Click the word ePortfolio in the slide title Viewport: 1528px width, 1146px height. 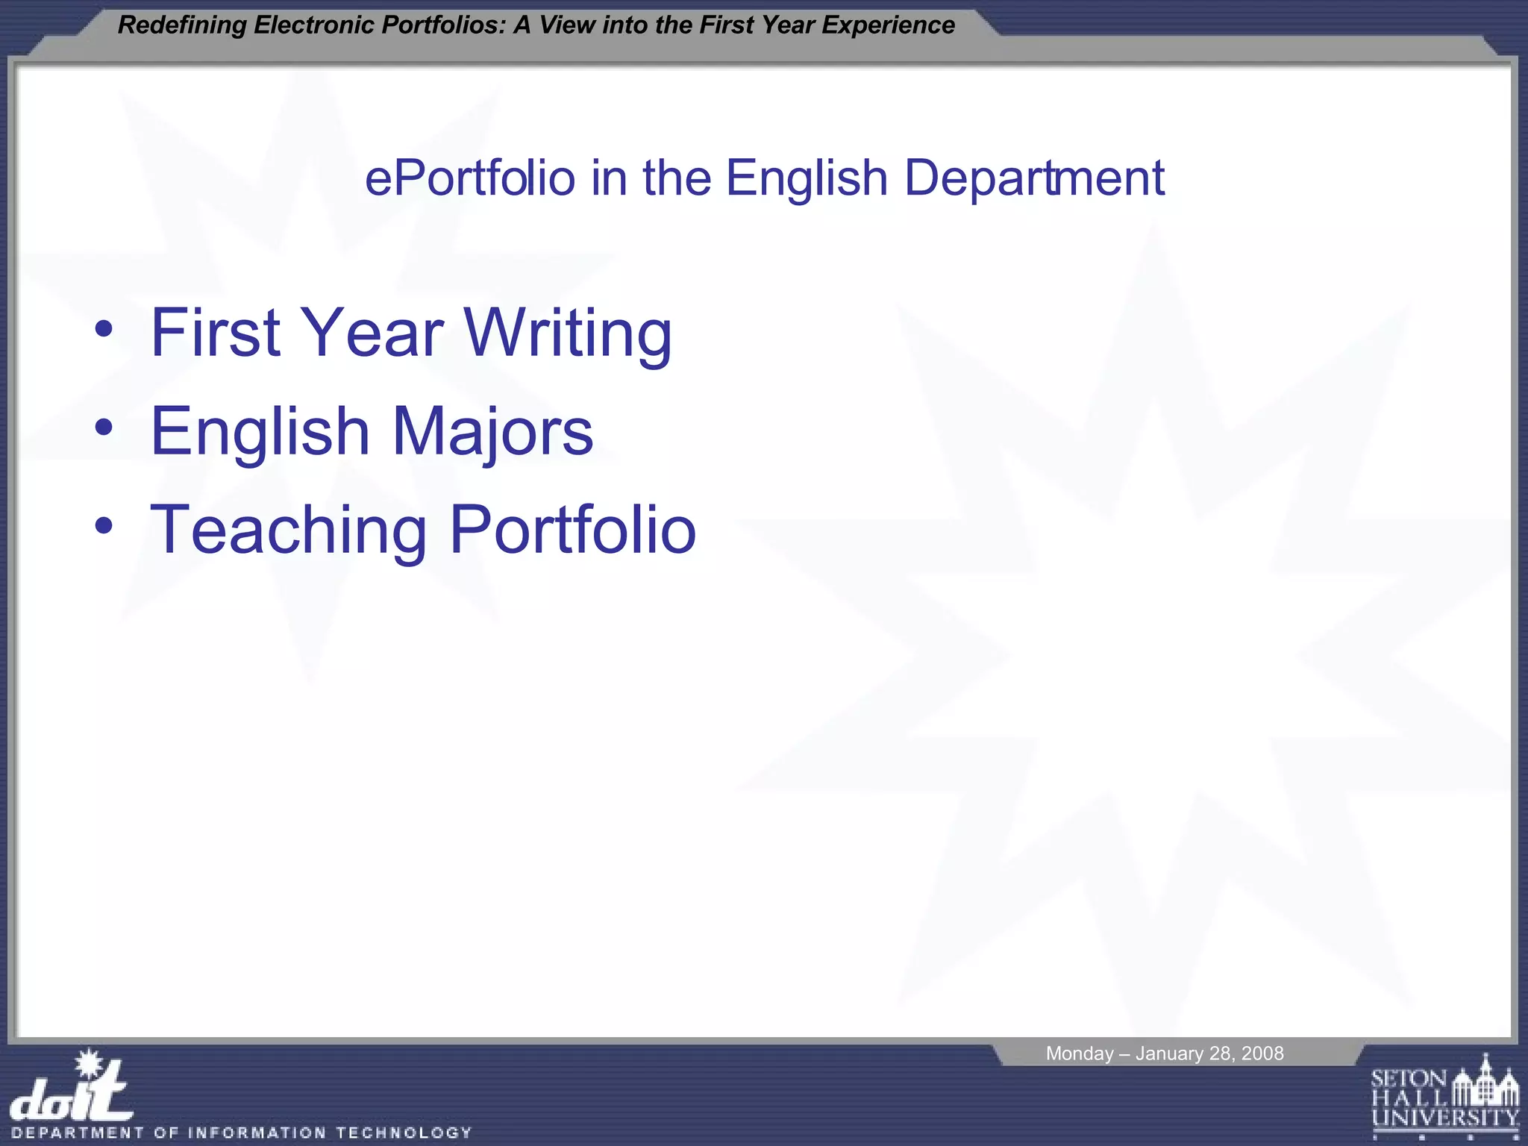coord(470,179)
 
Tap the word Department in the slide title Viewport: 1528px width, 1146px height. coord(1034,179)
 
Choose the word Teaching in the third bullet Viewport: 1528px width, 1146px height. coord(288,530)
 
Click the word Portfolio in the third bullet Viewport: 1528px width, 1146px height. coord(573,530)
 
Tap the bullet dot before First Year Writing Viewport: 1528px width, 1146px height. coord(104,329)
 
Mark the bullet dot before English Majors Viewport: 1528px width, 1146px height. coord(104,428)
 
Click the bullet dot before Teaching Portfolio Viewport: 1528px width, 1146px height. coord(104,526)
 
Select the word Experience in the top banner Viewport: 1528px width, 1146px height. coord(888,25)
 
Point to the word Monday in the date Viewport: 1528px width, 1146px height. coord(1079,1053)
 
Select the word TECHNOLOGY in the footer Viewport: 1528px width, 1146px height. coord(404,1133)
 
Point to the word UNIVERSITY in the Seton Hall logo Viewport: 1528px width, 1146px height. coord(1445,1118)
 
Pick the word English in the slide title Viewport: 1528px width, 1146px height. coord(807,179)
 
